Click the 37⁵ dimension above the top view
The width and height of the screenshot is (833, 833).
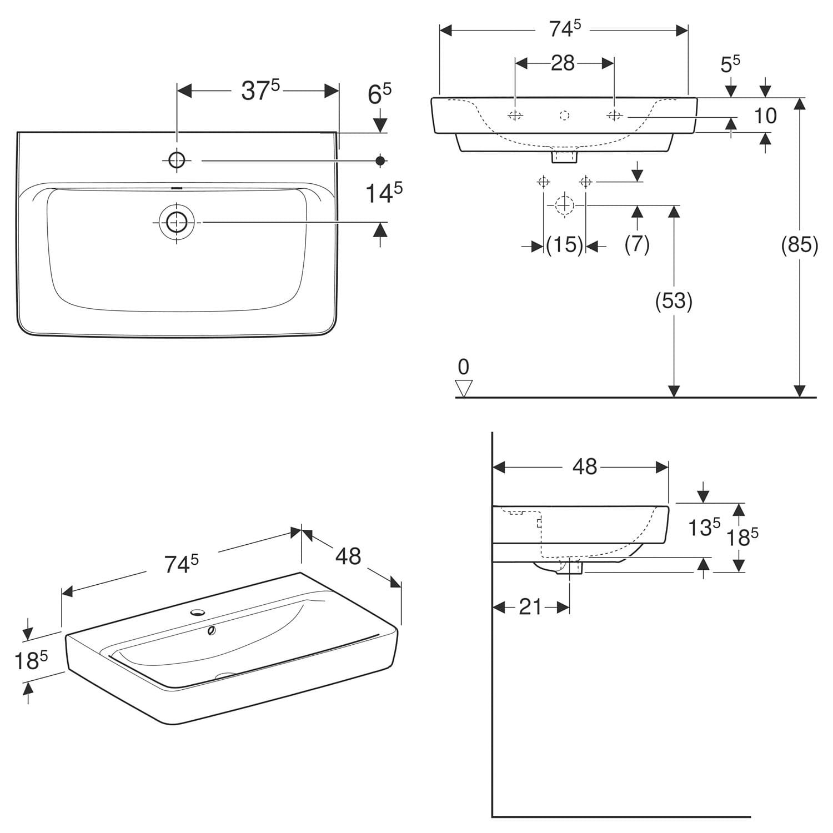(x=260, y=91)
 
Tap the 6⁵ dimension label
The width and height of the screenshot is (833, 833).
(x=380, y=94)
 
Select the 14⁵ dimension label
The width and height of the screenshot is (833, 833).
(x=383, y=193)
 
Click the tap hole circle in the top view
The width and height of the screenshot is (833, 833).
(x=177, y=160)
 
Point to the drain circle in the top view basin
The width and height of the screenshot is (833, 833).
(x=177, y=222)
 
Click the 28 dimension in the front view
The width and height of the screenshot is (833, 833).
(x=563, y=63)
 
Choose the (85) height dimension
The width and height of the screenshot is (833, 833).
(x=800, y=244)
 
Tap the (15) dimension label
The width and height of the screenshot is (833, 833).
(x=565, y=244)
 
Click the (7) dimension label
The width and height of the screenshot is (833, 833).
(x=637, y=244)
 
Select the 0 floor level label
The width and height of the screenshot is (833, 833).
(x=463, y=367)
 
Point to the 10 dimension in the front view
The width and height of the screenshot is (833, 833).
(x=765, y=116)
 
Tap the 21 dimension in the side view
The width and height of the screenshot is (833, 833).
(x=530, y=607)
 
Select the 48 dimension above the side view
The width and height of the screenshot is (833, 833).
(x=585, y=467)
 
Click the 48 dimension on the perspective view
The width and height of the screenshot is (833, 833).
(x=348, y=556)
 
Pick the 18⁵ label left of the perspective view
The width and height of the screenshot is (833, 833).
(x=31, y=660)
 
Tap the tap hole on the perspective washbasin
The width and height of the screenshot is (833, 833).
(x=197, y=613)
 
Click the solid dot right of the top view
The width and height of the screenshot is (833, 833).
(x=380, y=160)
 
